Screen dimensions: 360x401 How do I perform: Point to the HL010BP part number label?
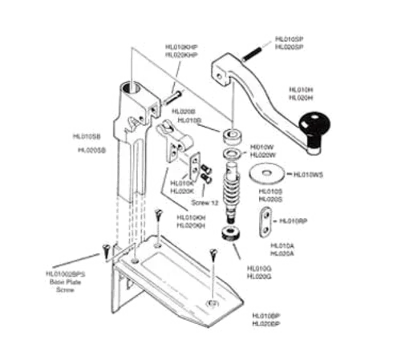(265, 317)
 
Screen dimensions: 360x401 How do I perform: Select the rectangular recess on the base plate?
(176, 273)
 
